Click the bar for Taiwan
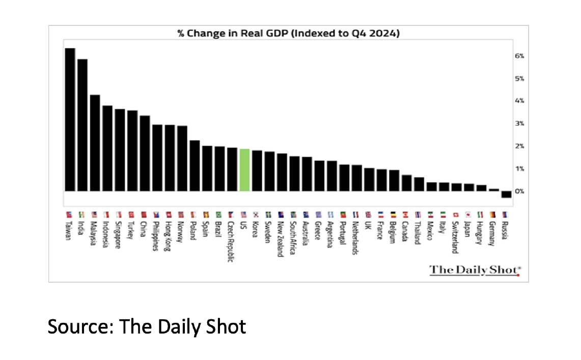pyautogui.click(x=70, y=120)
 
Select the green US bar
pyautogui.click(x=244, y=170)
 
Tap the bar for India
pyautogui.click(x=82, y=125)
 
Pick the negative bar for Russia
pyautogui.click(x=506, y=195)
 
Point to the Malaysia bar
pyautogui.click(x=95, y=143)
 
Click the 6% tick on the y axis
pyautogui.click(x=519, y=56)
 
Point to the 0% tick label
pyautogui.click(x=519, y=191)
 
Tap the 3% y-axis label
pyautogui.click(x=519, y=124)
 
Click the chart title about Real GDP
pyautogui.click(x=288, y=34)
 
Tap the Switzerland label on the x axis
pyautogui.click(x=456, y=237)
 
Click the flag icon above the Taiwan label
pyautogui.click(x=68, y=215)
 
